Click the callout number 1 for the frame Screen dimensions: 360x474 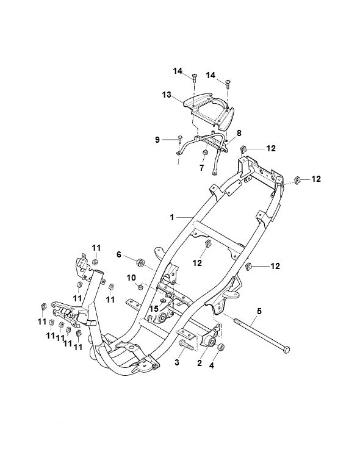(x=172, y=217)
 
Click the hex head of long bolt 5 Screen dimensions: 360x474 (x=286, y=350)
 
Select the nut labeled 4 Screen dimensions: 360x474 (x=221, y=347)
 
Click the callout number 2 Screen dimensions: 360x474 (x=199, y=363)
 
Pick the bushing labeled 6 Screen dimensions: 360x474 (x=140, y=262)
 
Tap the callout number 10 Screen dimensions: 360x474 (x=131, y=278)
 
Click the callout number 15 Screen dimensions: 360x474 (x=154, y=309)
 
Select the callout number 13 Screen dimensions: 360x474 (x=166, y=95)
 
